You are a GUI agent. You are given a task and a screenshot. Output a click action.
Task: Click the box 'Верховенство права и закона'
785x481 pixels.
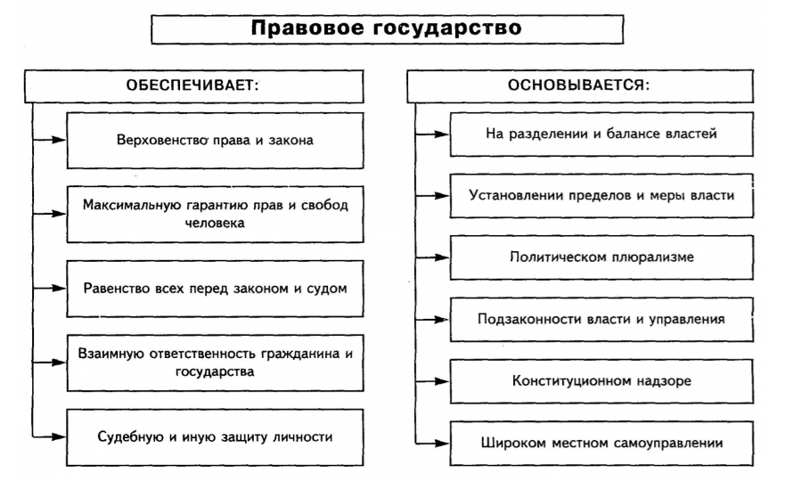tap(215, 140)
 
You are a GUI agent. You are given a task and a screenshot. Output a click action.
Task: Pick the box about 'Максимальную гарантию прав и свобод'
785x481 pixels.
tap(215, 214)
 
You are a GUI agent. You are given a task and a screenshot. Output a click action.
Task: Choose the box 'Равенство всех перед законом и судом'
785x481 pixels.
tap(215, 288)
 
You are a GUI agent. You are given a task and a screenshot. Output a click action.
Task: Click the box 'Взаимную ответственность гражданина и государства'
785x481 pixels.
tap(215, 362)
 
